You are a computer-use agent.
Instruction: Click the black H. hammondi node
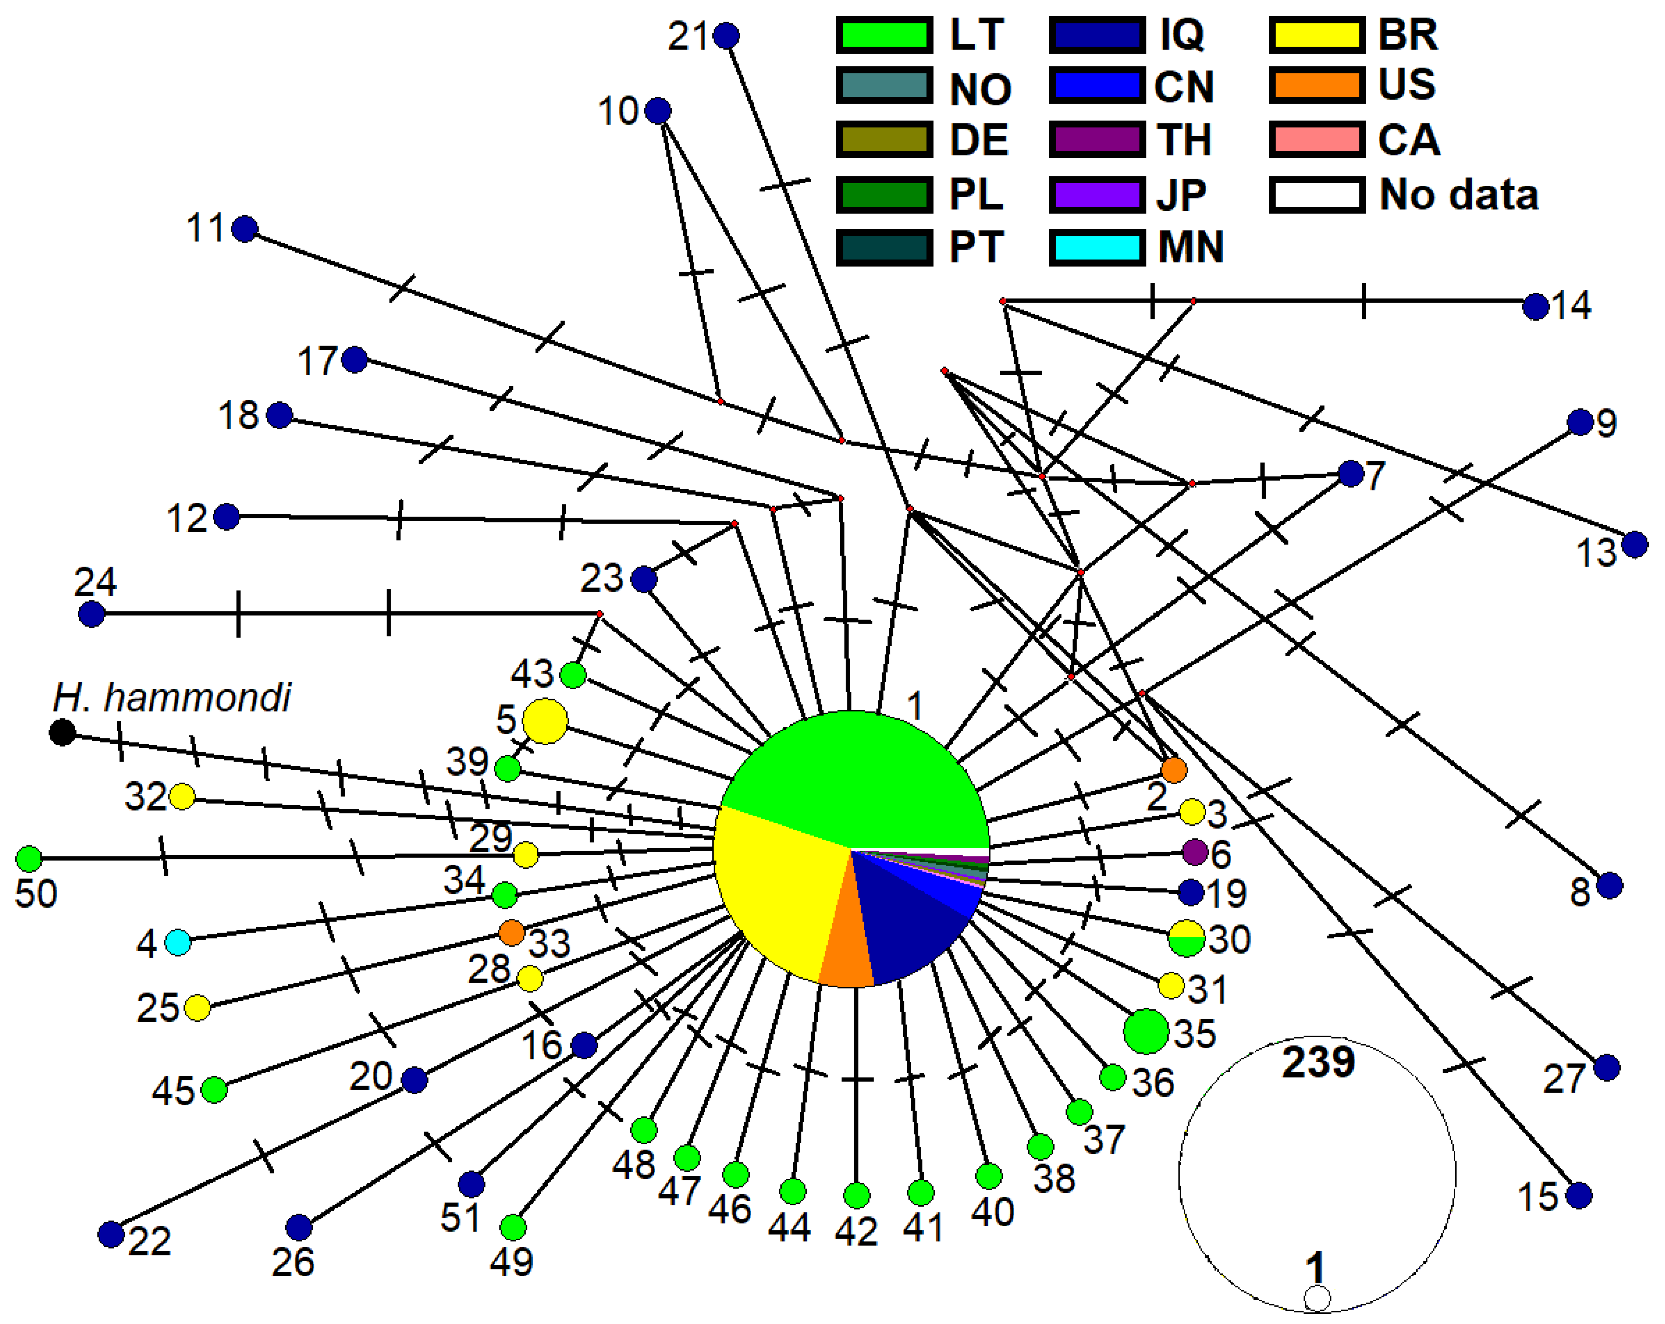(63, 732)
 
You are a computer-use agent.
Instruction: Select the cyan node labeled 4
(178, 942)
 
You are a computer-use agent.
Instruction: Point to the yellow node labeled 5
(545, 721)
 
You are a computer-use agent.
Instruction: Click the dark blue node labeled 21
(726, 36)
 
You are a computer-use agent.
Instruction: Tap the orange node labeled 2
(1174, 770)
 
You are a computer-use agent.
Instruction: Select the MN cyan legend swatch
(1097, 247)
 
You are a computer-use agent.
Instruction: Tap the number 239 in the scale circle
(1318, 1062)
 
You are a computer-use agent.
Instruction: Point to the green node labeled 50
(28, 858)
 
